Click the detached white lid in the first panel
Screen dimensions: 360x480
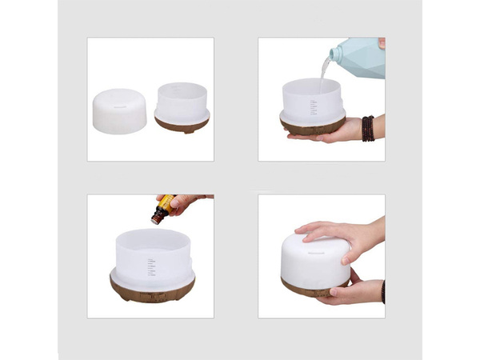[x=119, y=111]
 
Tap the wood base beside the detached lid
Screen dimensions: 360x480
[x=182, y=123]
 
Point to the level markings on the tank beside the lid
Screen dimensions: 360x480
[x=190, y=102]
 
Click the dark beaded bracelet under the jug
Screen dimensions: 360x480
[x=367, y=128]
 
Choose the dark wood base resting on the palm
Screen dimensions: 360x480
[x=312, y=126]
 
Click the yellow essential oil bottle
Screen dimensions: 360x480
[x=164, y=208]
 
